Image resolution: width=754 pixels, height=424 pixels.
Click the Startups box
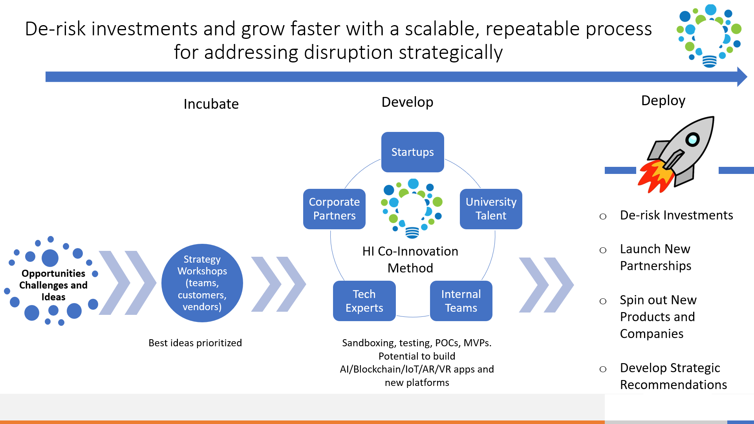point(412,152)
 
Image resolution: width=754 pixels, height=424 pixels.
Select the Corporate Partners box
point(334,209)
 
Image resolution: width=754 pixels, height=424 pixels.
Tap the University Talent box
point(491,209)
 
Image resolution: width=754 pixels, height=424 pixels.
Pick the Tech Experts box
point(364,301)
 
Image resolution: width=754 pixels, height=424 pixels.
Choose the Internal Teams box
point(461,301)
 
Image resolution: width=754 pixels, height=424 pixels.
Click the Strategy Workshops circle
point(202,283)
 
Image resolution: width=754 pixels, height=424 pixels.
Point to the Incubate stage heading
point(211,104)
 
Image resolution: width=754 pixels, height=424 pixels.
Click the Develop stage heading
point(407,102)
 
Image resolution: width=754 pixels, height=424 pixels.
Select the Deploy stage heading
point(663,101)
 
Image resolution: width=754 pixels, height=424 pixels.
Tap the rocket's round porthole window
point(692,139)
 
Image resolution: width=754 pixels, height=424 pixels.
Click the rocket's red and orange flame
point(655,176)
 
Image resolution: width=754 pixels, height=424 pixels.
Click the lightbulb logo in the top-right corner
point(709,36)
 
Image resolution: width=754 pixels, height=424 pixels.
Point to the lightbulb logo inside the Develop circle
point(412,208)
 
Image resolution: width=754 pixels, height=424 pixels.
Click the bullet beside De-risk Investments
point(603,216)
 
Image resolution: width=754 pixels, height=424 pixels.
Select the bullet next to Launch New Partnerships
point(603,250)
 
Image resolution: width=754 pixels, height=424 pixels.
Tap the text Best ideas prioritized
point(195,343)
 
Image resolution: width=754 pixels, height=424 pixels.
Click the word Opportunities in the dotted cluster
point(53,274)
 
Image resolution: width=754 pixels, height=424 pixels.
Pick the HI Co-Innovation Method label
point(410,260)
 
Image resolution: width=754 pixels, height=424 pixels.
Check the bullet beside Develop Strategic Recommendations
point(603,369)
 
